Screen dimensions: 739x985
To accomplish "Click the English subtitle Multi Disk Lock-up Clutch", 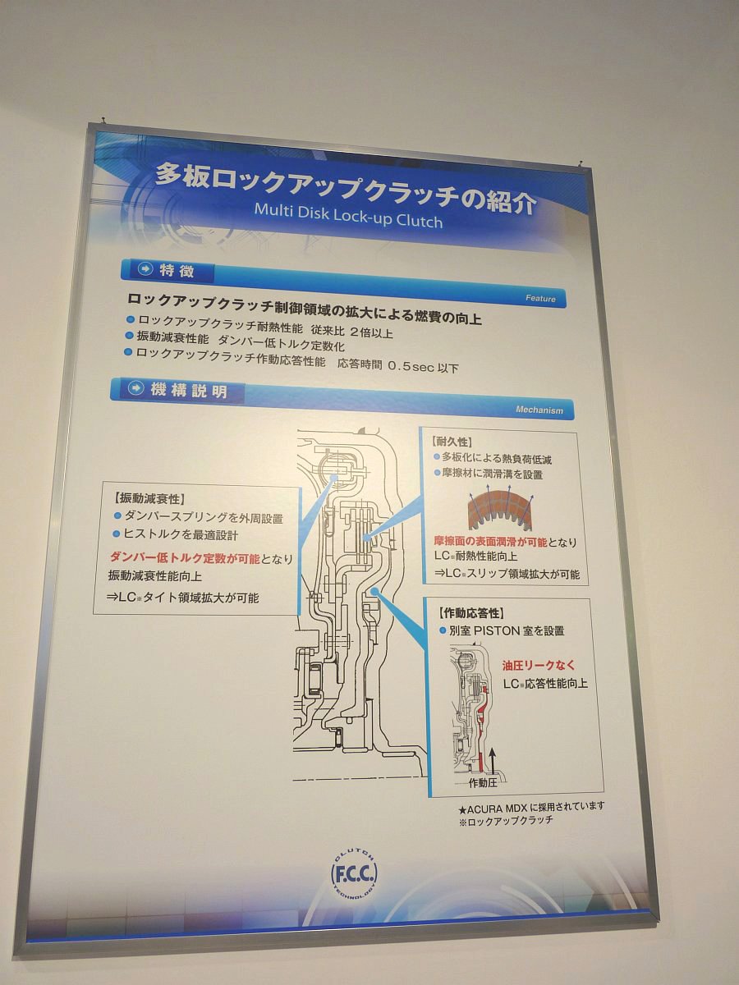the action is [x=348, y=215].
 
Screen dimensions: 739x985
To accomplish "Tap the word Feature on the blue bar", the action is [x=540, y=299].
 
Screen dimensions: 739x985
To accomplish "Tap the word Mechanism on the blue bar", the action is [x=539, y=410].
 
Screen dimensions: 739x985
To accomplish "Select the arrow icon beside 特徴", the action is [x=145, y=268].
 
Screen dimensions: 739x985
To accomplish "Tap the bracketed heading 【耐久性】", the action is [x=451, y=442].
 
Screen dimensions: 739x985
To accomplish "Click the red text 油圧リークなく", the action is [x=539, y=666].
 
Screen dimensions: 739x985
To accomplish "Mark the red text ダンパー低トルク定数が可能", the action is [x=185, y=558].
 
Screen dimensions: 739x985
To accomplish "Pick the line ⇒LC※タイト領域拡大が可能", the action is [x=182, y=598].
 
